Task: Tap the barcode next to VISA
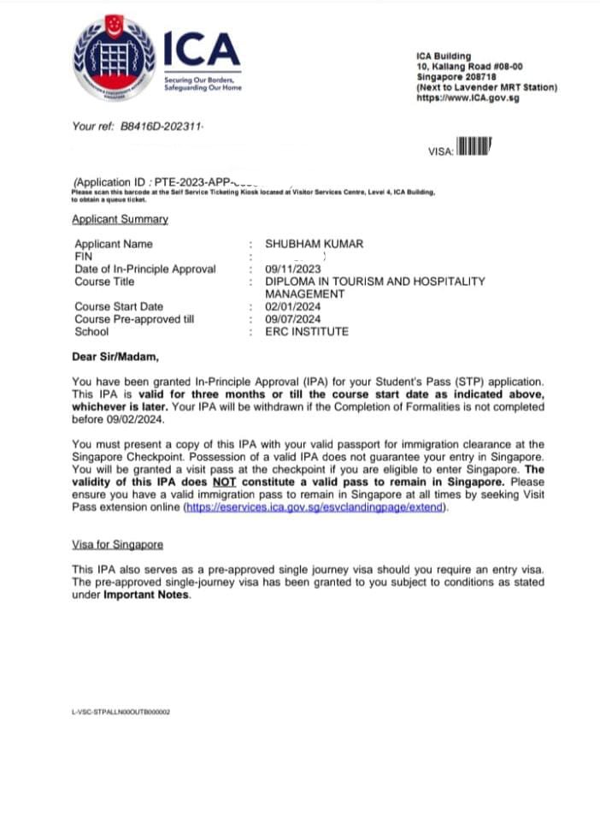(474, 147)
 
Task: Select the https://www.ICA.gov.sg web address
(467, 98)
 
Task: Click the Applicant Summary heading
(120, 219)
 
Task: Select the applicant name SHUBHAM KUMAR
(314, 244)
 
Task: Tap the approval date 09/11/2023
(292, 269)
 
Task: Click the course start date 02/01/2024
(292, 306)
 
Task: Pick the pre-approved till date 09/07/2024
(292, 319)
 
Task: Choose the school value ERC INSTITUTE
(307, 332)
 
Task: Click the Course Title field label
(104, 281)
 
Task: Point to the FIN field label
(84, 257)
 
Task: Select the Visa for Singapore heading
(118, 544)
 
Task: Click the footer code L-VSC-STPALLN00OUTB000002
(121, 711)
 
